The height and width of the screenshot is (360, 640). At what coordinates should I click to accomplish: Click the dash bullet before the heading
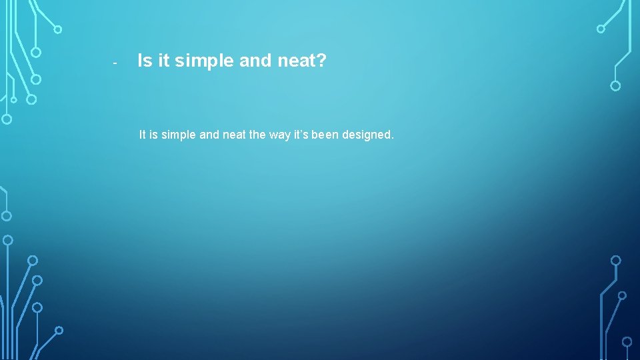(115, 63)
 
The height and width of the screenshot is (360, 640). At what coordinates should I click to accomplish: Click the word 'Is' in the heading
(145, 61)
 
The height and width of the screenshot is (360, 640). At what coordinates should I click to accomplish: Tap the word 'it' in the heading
(163, 61)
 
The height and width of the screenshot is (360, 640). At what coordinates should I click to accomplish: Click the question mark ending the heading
(321, 61)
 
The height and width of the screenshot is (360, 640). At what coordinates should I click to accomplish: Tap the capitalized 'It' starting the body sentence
(143, 135)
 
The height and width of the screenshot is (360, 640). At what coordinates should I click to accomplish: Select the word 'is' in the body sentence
(155, 135)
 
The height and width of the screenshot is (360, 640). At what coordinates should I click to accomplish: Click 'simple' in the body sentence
(179, 135)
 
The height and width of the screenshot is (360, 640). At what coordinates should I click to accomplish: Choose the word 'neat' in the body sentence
(234, 135)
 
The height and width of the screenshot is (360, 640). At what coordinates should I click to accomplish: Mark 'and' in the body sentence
(209, 135)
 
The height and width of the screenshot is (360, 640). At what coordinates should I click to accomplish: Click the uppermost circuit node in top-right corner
(601, 29)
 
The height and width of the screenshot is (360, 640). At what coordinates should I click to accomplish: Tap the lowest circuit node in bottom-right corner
(627, 341)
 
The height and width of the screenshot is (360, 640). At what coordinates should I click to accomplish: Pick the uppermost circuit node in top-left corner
(58, 29)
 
